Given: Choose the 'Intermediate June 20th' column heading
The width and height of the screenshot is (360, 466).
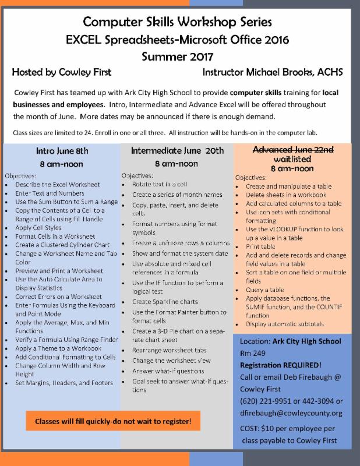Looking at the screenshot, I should click(x=177, y=150).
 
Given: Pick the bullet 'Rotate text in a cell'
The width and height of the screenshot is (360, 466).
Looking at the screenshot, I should click(x=155, y=184).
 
